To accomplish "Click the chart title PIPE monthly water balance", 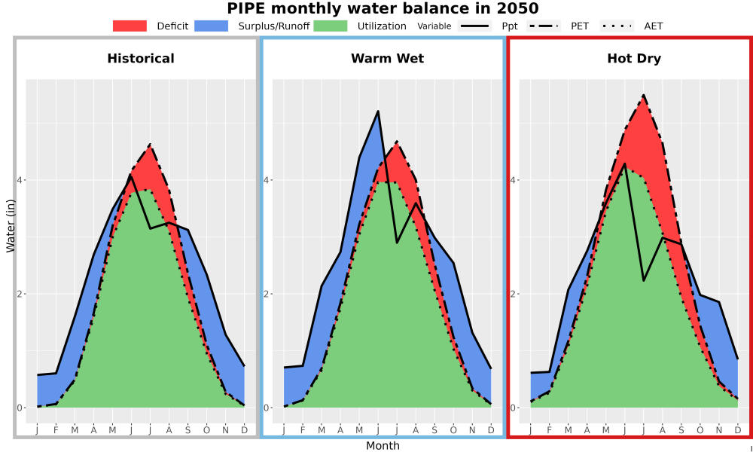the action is [383, 8].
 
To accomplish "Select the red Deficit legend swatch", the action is [130, 26].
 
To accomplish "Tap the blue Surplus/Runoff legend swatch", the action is [212, 26].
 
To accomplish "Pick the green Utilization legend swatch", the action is [331, 26].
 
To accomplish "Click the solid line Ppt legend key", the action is [474, 26].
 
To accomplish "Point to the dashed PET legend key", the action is [544, 26].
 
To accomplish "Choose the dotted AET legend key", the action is [617, 26].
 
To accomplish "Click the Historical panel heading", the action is [141, 59].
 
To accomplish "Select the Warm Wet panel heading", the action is [388, 59].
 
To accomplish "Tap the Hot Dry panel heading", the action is [634, 59].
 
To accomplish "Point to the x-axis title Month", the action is [383, 446].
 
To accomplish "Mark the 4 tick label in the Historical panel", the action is [20, 180].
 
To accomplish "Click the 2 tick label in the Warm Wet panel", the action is [266, 294].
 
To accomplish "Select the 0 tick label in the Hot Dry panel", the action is [513, 408].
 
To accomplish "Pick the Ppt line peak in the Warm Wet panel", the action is [378, 111].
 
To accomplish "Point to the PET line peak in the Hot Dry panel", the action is [644, 95].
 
